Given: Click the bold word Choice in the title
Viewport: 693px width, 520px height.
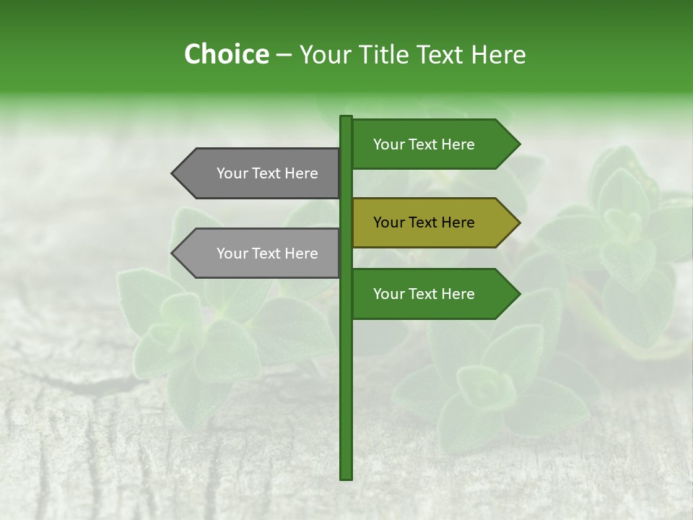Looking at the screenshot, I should tap(226, 55).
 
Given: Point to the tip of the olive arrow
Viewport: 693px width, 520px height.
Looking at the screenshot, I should tap(518, 222).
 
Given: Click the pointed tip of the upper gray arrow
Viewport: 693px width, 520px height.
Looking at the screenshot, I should tap(173, 173).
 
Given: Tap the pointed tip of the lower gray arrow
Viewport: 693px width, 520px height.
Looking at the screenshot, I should tap(173, 253).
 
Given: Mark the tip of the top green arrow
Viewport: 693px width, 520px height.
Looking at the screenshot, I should tap(518, 144).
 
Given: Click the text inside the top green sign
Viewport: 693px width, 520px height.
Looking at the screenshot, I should tap(424, 144).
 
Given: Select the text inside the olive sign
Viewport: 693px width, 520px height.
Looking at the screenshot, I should tap(424, 222).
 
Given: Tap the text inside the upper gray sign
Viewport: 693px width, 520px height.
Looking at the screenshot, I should tap(267, 173).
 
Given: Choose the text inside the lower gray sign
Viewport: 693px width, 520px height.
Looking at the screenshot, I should tap(267, 253).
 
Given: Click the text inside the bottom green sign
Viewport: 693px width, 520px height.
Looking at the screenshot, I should tap(424, 294).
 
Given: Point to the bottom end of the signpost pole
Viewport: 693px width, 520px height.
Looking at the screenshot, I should tap(346, 477).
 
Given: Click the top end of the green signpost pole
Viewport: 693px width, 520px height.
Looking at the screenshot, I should tap(346, 118).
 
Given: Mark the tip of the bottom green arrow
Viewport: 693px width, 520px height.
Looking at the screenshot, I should tap(518, 294).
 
